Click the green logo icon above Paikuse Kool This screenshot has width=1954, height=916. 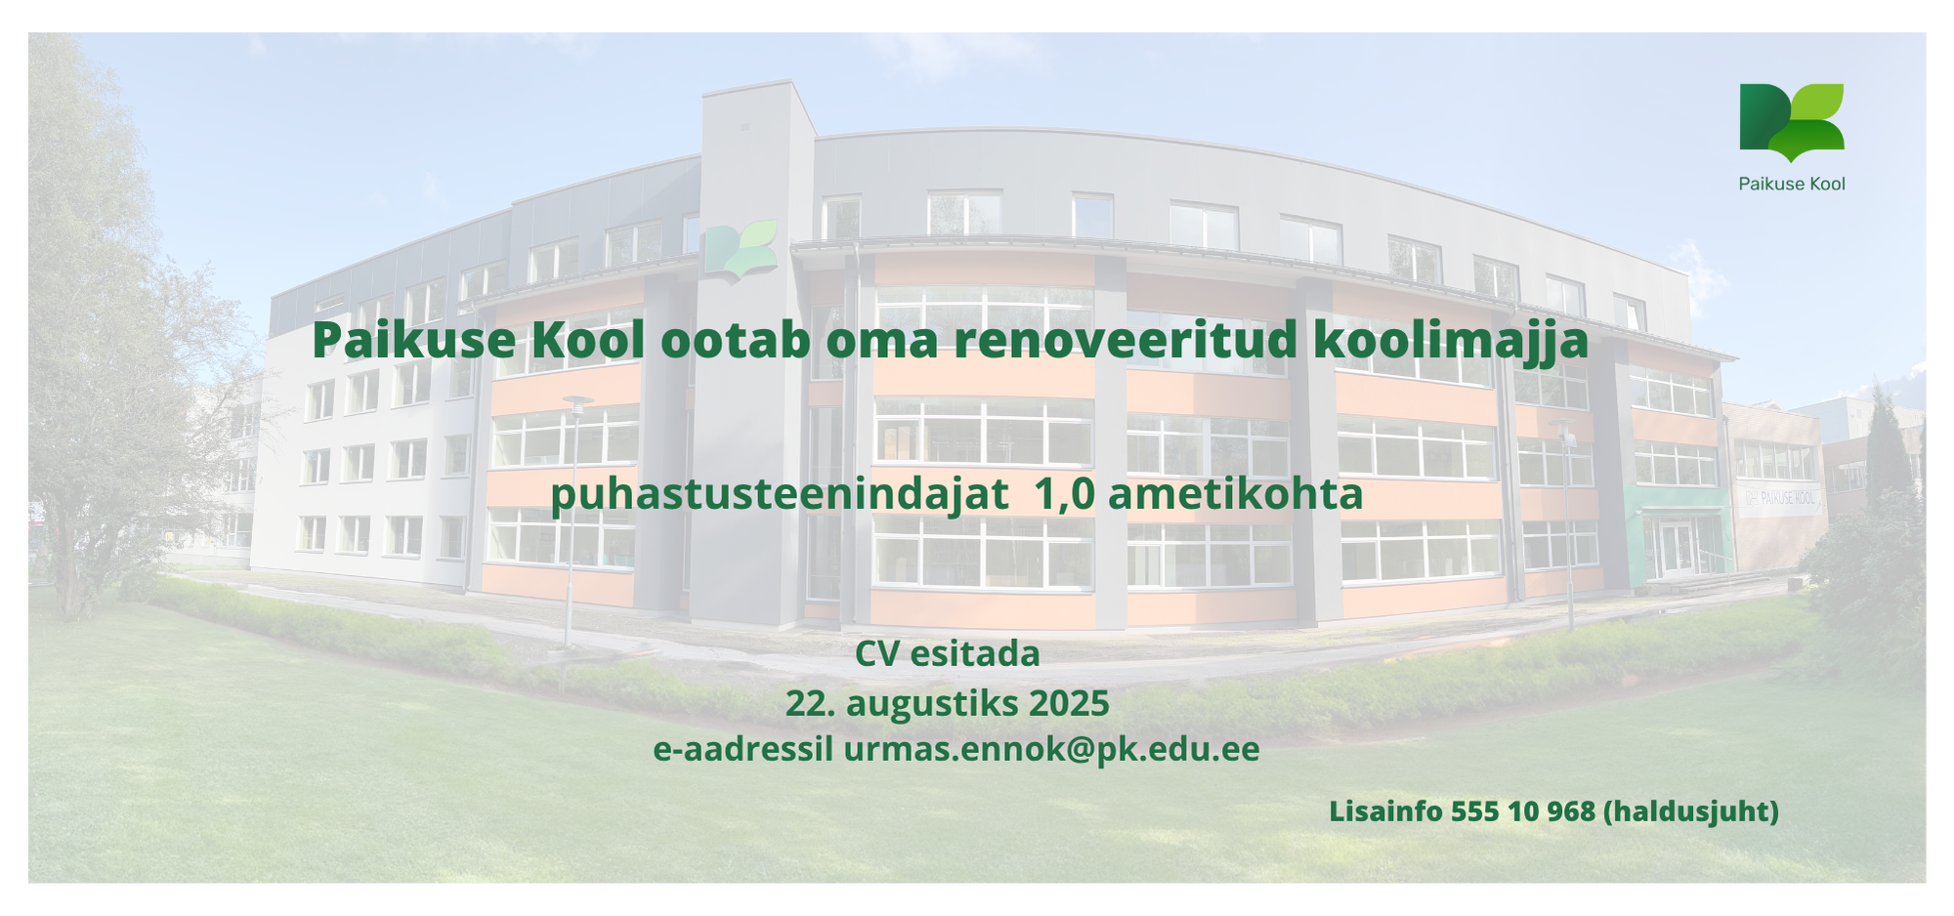point(1791,122)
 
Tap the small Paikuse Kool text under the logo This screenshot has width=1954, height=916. point(1792,184)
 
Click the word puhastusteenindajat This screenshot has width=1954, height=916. point(780,495)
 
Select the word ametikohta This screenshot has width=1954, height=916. point(1235,494)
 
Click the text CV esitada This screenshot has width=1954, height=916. point(948,654)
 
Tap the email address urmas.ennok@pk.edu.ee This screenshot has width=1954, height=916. point(1051,750)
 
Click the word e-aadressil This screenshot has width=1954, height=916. point(743,750)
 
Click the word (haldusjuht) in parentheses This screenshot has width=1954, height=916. point(1691,812)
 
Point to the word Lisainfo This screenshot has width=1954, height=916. point(1386,812)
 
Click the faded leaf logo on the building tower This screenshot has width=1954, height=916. point(741,251)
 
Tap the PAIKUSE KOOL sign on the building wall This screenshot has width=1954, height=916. point(1782,499)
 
